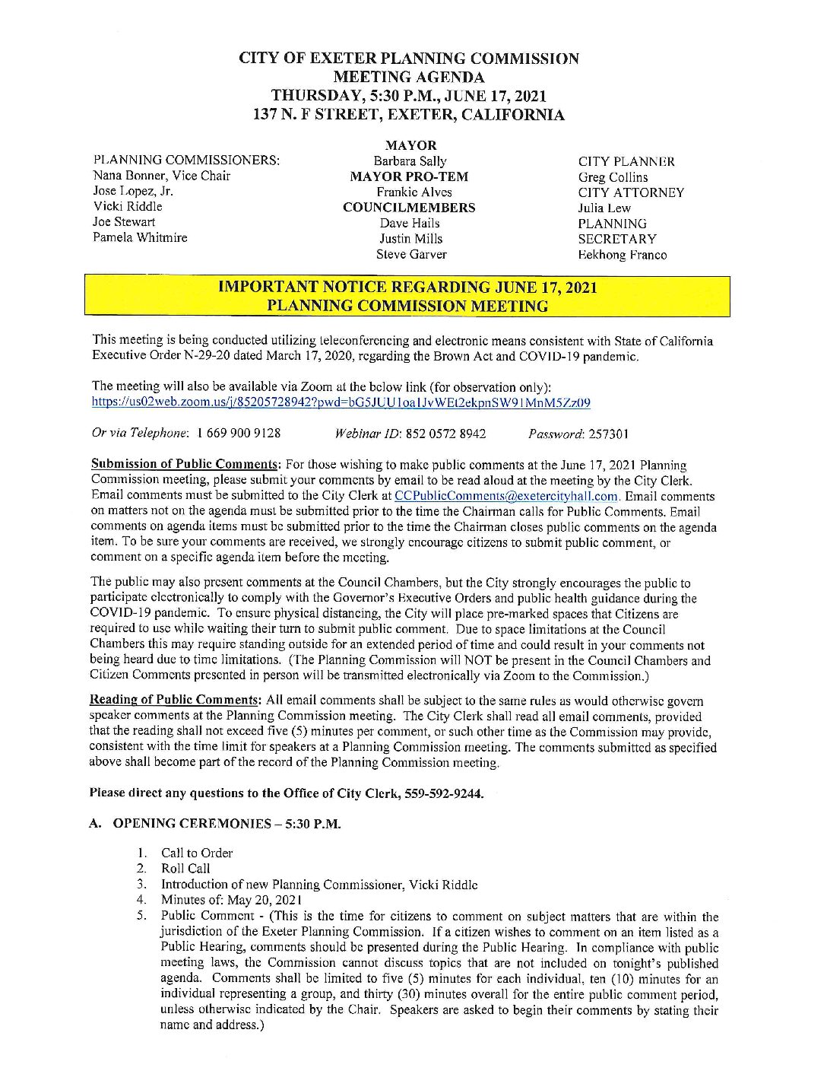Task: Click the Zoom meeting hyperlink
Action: pyautogui.click(x=341, y=403)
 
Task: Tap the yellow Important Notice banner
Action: pyautogui.click(x=407, y=297)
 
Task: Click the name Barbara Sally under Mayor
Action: pyautogui.click(x=410, y=161)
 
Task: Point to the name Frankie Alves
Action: pyautogui.click(x=413, y=192)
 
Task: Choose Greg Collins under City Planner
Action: pyautogui.click(x=613, y=177)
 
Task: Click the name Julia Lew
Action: pyautogui.click(x=604, y=208)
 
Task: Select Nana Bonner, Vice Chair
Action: pyautogui.click(x=161, y=176)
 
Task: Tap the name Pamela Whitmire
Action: pyautogui.click(x=140, y=237)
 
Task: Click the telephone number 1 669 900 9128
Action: pyautogui.click(x=238, y=434)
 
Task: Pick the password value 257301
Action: pyautogui.click(x=608, y=434)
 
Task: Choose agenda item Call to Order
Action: pyautogui.click(x=197, y=853)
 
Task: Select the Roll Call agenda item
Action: pyautogui.click(x=185, y=869)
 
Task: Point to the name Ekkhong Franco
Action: pyautogui.click(x=622, y=255)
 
